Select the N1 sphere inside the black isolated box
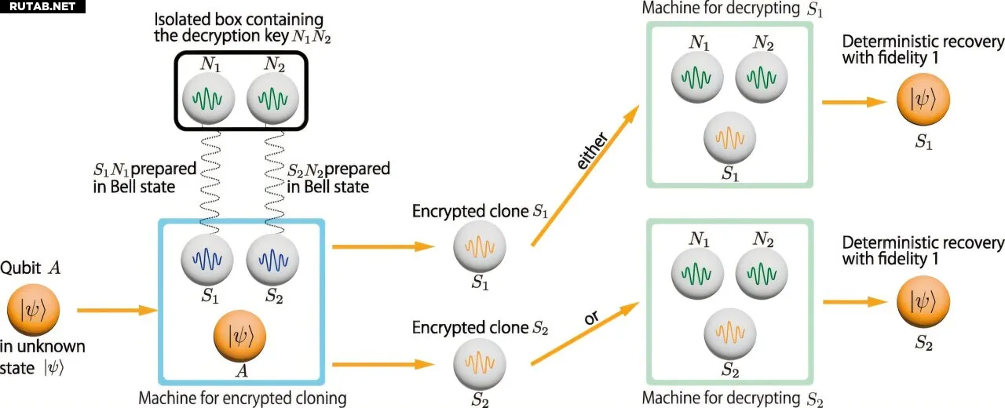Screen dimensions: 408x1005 pyautogui.click(x=208, y=99)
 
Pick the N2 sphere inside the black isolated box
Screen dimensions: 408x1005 pyautogui.click(x=272, y=99)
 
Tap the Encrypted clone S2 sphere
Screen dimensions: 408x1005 pyautogui.click(x=480, y=362)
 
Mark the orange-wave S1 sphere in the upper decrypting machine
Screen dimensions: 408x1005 pyautogui.click(x=730, y=137)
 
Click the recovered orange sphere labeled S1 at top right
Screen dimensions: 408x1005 pyautogui.click(x=923, y=102)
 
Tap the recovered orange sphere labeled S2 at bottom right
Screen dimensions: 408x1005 pyautogui.click(x=923, y=302)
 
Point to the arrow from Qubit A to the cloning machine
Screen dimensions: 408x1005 pyautogui.click(x=116, y=311)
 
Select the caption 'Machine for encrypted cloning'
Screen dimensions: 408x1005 pyautogui.click(x=242, y=398)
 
